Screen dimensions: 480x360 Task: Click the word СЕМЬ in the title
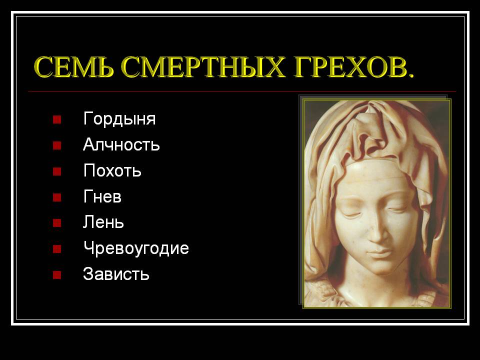[x=74, y=67]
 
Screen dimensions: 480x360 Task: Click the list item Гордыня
[x=119, y=119]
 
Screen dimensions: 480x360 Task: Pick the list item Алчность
[x=121, y=144]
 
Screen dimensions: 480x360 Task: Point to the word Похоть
[x=112, y=170]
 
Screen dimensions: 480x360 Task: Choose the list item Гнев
[x=102, y=196]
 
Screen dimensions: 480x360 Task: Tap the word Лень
[x=103, y=222]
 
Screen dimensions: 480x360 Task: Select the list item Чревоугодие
[x=136, y=248]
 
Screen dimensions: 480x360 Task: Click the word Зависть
[x=116, y=273]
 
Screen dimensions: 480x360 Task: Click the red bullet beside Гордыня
[x=57, y=119]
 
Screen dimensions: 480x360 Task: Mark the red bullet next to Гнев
[x=57, y=197]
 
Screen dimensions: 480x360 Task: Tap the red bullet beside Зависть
[x=57, y=275]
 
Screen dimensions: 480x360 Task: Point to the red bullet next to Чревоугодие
[x=57, y=249]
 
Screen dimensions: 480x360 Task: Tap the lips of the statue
[x=379, y=253]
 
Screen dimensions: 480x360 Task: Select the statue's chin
[x=381, y=268]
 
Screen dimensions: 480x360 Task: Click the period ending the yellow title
[x=410, y=74]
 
